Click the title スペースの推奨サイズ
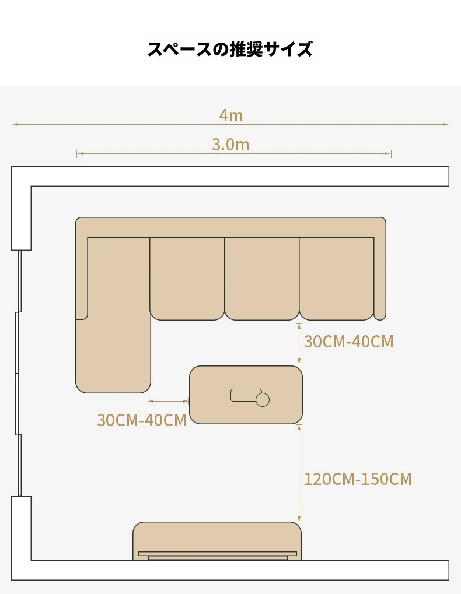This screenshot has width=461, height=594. pyautogui.click(x=230, y=49)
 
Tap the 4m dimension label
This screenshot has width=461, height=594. pyautogui.click(x=231, y=115)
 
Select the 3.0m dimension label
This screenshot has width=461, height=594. pyautogui.click(x=230, y=145)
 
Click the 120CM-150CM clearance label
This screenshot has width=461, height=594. pyautogui.click(x=358, y=479)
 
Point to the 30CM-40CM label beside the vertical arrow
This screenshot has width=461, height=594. pyautogui.click(x=349, y=342)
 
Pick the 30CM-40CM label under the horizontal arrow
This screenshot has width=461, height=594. pyautogui.click(x=142, y=420)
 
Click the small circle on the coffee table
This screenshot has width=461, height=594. pyautogui.click(x=263, y=400)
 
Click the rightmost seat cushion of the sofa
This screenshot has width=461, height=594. pyautogui.click(x=337, y=279)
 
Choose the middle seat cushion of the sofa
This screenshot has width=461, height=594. pyautogui.click(x=262, y=279)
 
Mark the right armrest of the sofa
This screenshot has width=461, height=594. pyautogui.click(x=380, y=279)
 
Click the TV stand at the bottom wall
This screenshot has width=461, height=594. pyautogui.click(x=217, y=541)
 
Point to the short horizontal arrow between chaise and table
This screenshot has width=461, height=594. pyautogui.click(x=168, y=401)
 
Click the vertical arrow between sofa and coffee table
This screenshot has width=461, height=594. pyautogui.click(x=299, y=343)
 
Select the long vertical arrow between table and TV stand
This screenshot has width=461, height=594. pyautogui.click(x=299, y=473)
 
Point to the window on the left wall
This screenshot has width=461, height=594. pyautogui.click(x=18, y=373)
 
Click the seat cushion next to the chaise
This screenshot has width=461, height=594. pyautogui.click(x=187, y=279)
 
